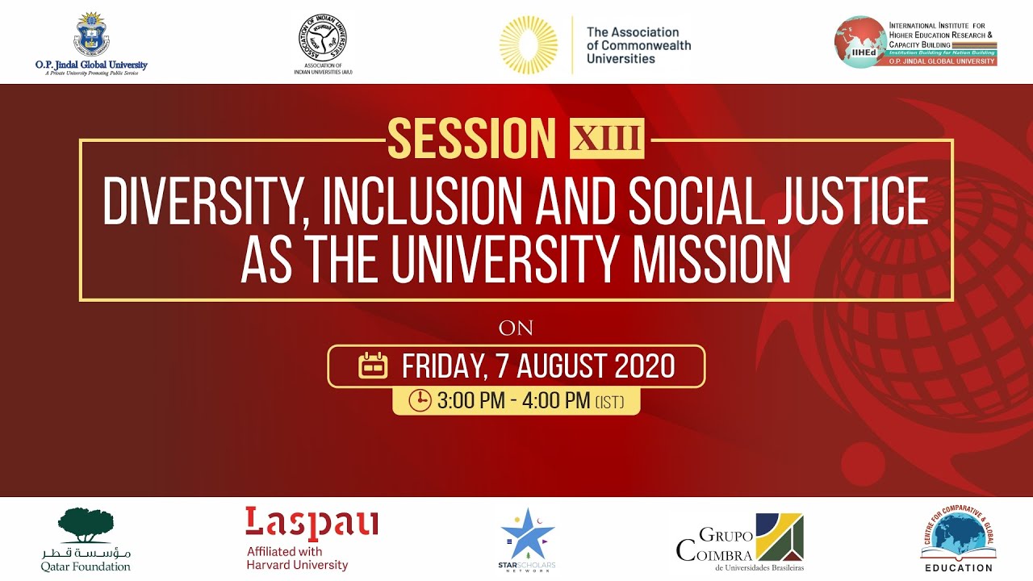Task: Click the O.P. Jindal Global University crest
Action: tap(90, 35)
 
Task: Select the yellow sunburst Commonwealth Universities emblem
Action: tap(528, 44)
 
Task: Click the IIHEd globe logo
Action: tap(860, 41)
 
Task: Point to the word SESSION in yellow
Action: tap(472, 138)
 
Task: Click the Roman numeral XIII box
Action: tap(607, 138)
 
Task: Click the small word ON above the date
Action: tap(516, 328)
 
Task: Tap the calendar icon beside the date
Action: tap(373, 366)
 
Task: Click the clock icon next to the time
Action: tap(420, 400)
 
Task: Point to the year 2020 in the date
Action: tap(646, 366)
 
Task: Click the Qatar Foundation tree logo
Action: tap(86, 525)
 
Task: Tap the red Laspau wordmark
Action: tap(312, 524)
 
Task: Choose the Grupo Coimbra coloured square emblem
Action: tap(779, 537)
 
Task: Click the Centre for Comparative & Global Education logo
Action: tap(957, 533)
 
